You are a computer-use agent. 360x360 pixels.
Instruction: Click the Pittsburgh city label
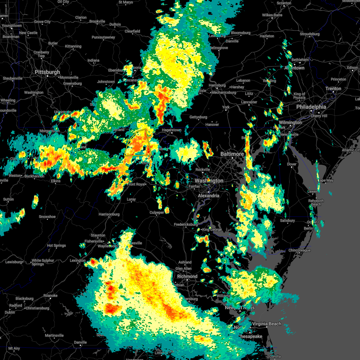click(x=47, y=72)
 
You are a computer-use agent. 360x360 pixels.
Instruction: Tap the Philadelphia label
click(x=311, y=107)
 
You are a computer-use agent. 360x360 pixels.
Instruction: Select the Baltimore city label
click(x=232, y=154)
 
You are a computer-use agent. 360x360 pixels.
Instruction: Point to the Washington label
click(x=209, y=181)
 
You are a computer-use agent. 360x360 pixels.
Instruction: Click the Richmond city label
click(x=187, y=276)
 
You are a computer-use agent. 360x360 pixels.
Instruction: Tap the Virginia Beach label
click(x=266, y=324)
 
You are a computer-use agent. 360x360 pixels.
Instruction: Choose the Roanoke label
click(x=50, y=295)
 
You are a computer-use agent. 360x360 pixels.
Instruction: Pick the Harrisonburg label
click(x=109, y=214)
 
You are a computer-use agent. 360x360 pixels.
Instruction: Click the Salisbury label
click(x=287, y=220)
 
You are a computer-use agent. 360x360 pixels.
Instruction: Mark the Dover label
click(x=292, y=164)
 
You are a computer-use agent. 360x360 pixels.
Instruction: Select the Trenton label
click(x=333, y=89)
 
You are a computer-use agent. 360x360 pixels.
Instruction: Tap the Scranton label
click(x=284, y=3)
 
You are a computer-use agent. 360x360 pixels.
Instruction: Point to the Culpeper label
click(x=157, y=212)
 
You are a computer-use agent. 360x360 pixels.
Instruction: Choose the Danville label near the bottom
click(x=80, y=342)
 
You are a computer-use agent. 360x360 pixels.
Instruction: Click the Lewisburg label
click(x=14, y=262)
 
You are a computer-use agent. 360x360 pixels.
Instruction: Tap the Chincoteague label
click(x=299, y=250)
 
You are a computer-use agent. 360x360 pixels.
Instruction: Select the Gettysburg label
click(x=198, y=117)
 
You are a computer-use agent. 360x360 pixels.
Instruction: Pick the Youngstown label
click(x=12, y=26)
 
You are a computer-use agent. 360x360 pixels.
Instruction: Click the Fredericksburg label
click(x=186, y=224)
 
